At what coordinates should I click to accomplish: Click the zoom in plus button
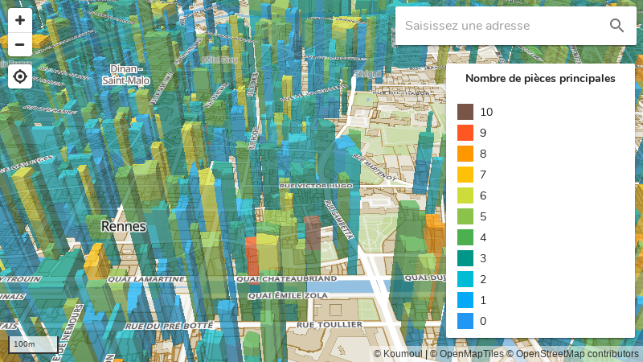pyautogui.click(x=20, y=20)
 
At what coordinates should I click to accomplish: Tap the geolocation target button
pyautogui.click(x=20, y=76)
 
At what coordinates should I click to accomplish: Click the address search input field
pyautogui.click(x=502, y=26)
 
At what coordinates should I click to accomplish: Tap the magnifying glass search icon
pyautogui.click(x=616, y=26)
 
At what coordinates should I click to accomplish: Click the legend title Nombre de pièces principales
pyautogui.click(x=540, y=79)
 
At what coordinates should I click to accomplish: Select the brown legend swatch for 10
pyautogui.click(x=465, y=112)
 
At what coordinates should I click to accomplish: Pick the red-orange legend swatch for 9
pyautogui.click(x=465, y=133)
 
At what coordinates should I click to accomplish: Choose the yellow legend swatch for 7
pyautogui.click(x=465, y=175)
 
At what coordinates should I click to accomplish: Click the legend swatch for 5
pyautogui.click(x=465, y=216)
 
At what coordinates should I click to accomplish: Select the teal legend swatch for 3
pyautogui.click(x=465, y=258)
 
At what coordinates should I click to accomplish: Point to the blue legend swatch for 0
pyautogui.click(x=465, y=321)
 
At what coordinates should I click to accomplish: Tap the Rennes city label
pyautogui.click(x=124, y=227)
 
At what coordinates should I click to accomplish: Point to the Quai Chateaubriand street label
pyautogui.click(x=287, y=278)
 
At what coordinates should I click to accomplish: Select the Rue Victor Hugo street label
pyautogui.click(x=316, y=186)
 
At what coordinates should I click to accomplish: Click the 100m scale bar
pyautogui.click(x=32, y=344)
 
